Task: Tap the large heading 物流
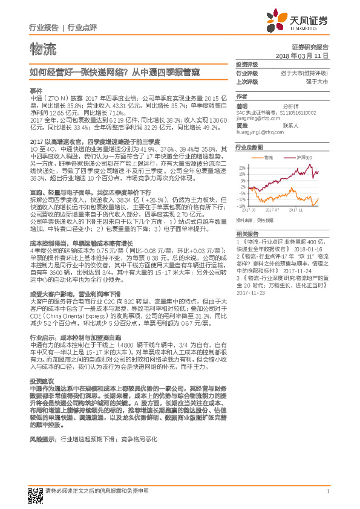[x=43, y=48]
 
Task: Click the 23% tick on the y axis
[x=242, y=167]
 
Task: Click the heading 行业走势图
[x=249, y=147]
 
